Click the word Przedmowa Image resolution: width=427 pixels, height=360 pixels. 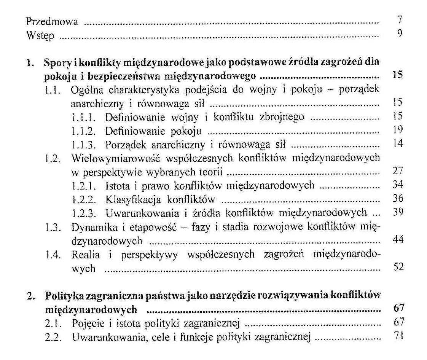52,21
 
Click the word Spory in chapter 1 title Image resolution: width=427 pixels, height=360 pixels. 56,62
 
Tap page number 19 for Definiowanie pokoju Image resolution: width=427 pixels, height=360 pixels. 398,130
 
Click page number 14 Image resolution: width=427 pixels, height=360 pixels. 398,144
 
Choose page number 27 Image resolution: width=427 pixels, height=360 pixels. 398,171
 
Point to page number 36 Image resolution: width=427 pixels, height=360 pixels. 398,198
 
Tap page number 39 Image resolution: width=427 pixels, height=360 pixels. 398,212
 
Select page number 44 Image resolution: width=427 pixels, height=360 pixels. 398,240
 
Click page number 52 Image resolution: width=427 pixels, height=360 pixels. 398,268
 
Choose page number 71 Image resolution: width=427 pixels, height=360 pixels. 398,337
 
